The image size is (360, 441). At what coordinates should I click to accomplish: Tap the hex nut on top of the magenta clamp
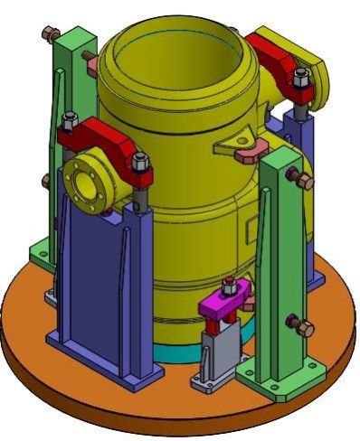coord(229,288)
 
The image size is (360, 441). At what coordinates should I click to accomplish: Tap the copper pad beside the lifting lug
coord(250,155)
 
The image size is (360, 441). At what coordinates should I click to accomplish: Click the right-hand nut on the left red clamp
coord(139,164)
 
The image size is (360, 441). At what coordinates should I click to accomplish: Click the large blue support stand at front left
coord(95,280)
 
